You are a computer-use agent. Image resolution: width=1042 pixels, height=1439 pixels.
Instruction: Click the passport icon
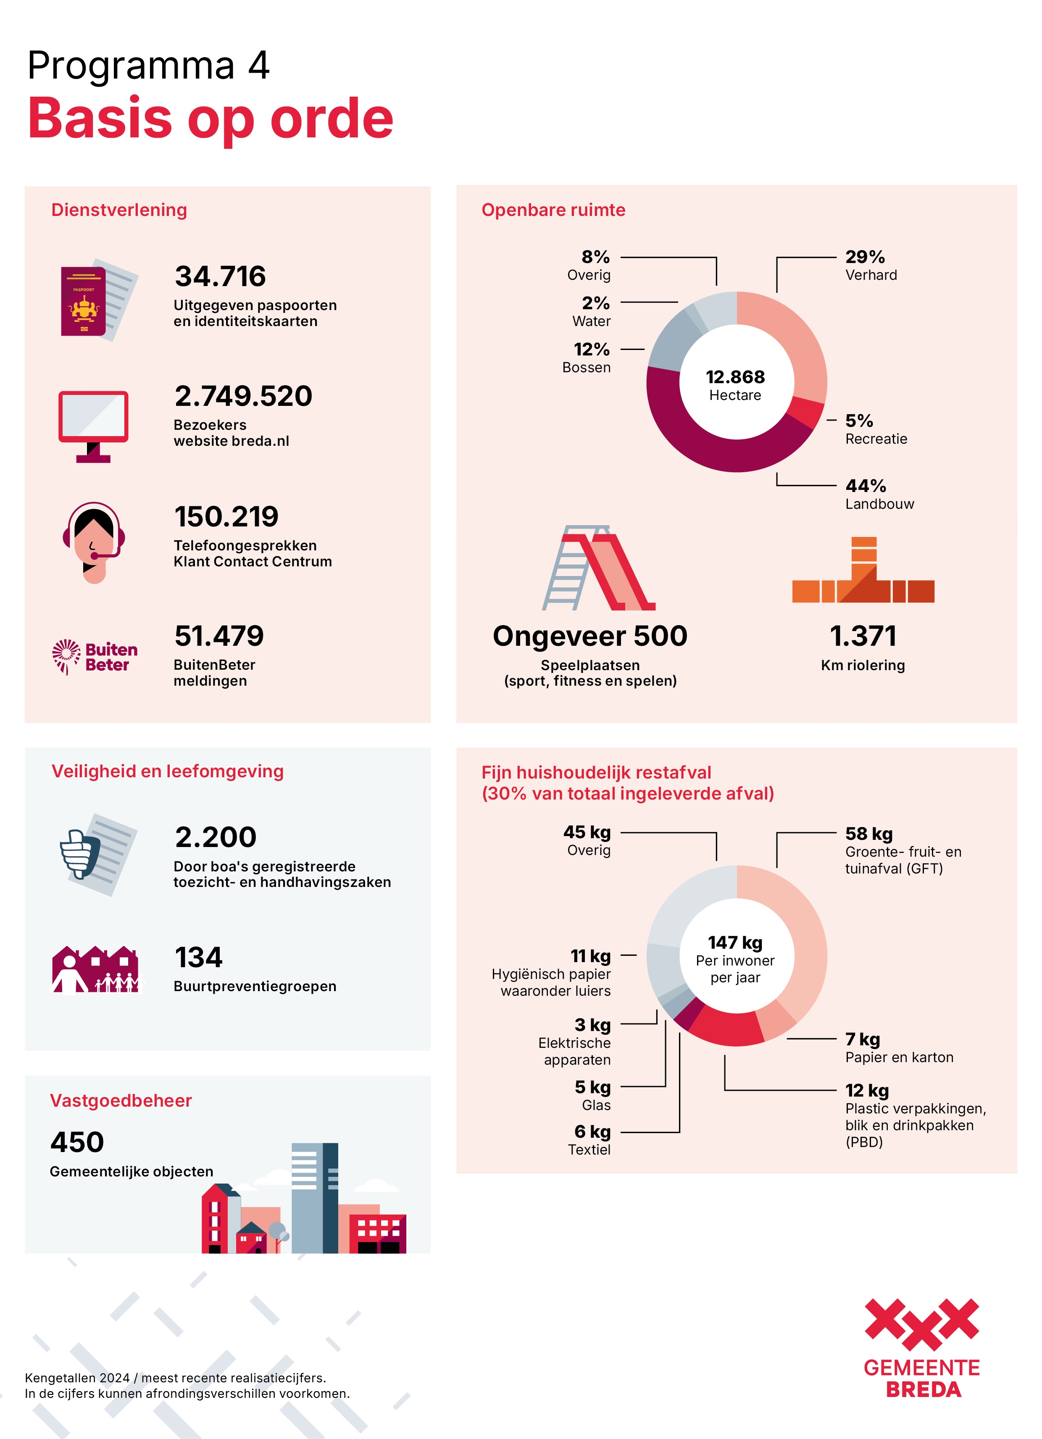95,300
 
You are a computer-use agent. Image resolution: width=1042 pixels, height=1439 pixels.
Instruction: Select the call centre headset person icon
94,542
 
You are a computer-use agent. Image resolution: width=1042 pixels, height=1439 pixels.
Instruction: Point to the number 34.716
220,276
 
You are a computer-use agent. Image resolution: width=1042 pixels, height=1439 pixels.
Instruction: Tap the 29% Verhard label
870,265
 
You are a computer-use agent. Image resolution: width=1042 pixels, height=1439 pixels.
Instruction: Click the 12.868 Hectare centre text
735,384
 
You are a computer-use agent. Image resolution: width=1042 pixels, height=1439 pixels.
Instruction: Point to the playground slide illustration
598,568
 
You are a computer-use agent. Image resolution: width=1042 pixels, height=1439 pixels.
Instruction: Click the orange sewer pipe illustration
863,571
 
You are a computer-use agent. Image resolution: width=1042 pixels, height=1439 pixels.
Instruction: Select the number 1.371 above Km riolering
863,636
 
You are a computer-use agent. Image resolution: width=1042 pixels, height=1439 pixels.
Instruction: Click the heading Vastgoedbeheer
121,1100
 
